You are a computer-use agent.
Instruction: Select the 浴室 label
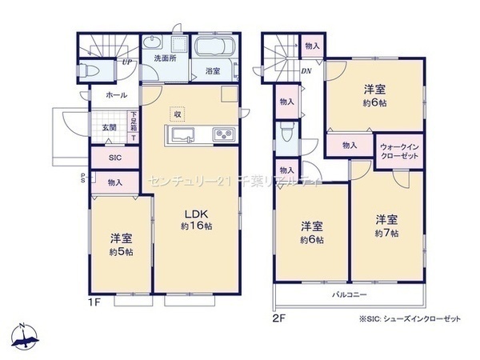tap(213, 70)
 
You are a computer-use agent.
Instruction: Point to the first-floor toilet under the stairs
tap(90, 71)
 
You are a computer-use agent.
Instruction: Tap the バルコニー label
tap(350, 295)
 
